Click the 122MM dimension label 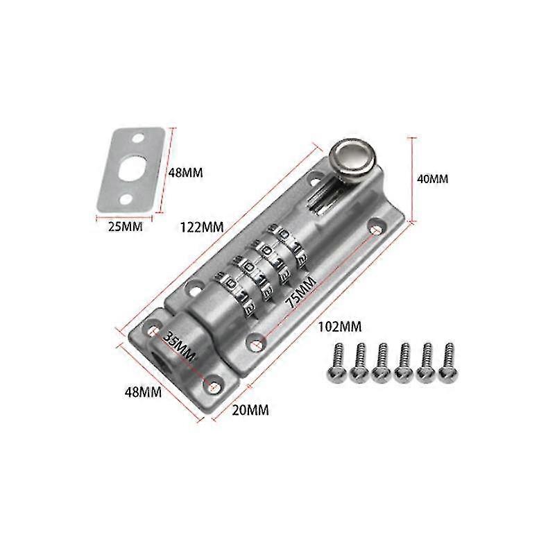coord(202,227)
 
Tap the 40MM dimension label coord(432,179)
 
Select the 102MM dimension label coord(340,326)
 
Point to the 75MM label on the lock coord(300,292)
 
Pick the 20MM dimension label coord(250,410)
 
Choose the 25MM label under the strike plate coord(125,226)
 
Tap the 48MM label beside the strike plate coord(185,173)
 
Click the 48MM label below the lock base coord(143,392)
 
